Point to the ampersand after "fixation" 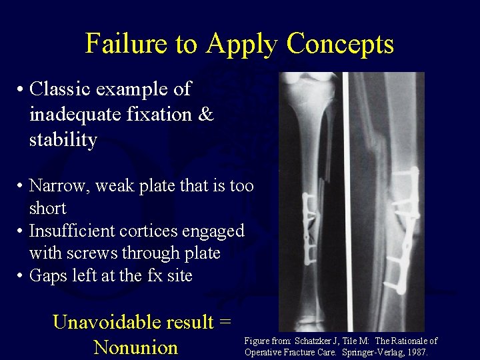pyautogui.click(x=207, y=115)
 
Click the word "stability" pyautogui.click(x=63, y=140)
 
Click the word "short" pyautogui.click(x=47, y=208)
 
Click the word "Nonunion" pyautogui.click(x=136, y=347)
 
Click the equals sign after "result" pyautogui.click(x=225, y=322)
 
